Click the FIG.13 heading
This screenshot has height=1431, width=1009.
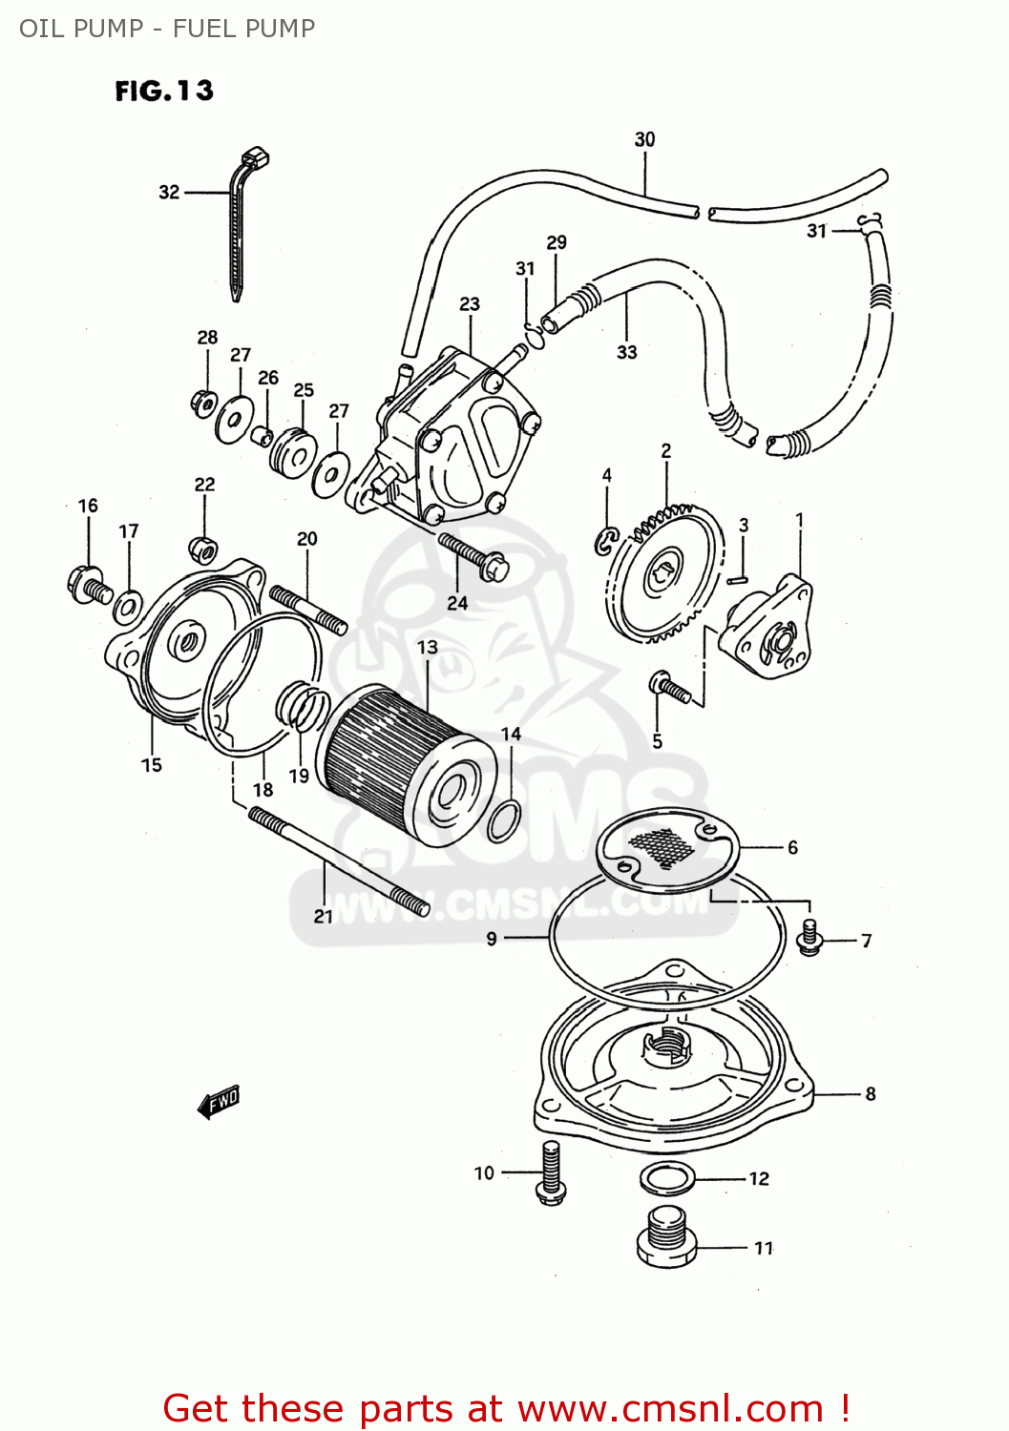[164, 91]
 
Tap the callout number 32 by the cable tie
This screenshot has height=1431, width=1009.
[169, 192]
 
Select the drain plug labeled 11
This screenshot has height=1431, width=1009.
[666, 1237]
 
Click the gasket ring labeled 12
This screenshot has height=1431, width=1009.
[667, 1179]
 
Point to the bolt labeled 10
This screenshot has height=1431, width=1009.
[551, 1172]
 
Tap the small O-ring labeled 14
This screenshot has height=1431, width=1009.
[504, 820]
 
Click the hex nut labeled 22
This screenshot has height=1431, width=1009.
[203, 550]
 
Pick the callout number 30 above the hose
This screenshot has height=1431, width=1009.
[645, 139]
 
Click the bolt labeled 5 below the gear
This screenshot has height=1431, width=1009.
[670, 686]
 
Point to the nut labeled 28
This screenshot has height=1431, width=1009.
[203, 403]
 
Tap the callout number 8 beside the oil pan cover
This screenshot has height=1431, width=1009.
[870, 1094]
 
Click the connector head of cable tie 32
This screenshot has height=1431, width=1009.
[255, 156]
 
